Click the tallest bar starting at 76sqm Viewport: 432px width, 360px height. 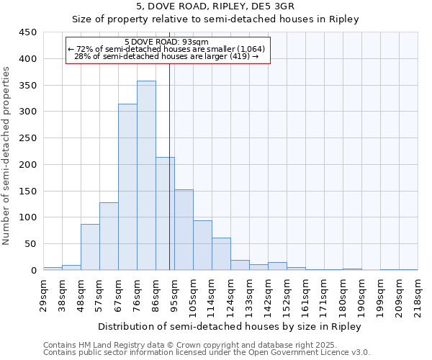click(x=146, y=176)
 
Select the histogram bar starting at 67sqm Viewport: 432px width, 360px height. click(x=127, y=187)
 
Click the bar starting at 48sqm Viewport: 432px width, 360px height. click(x=90, y=247)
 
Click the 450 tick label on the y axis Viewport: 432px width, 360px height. click(x=28, y=32)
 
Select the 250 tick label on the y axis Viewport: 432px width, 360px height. click(x=28, y=138)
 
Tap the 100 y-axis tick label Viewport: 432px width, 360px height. click(x=28, y=217)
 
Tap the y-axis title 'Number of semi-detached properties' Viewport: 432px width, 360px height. click(x=6, y=155)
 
